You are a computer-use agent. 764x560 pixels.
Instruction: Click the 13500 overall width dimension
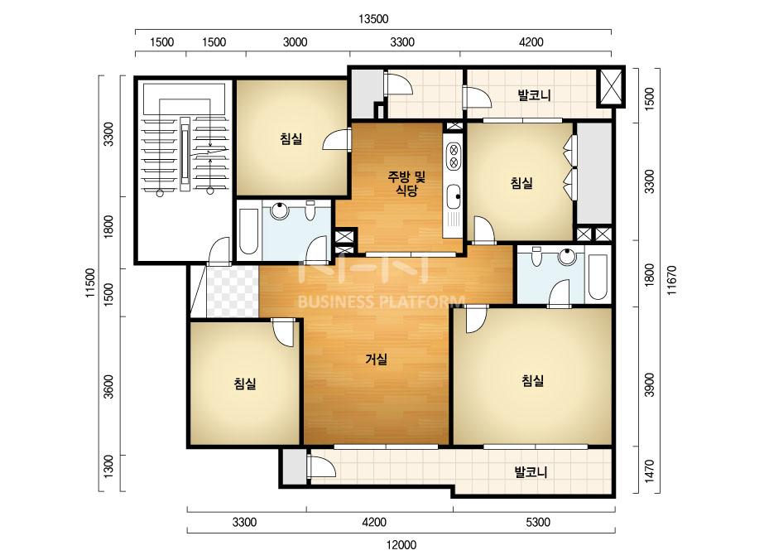373,19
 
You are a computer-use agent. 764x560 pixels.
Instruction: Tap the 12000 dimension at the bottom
401,545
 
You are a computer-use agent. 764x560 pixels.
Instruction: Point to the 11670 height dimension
672,281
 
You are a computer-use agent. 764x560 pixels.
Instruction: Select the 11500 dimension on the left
90,283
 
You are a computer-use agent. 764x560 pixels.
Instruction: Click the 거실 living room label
376,360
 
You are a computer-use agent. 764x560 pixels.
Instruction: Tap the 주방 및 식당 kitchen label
406,183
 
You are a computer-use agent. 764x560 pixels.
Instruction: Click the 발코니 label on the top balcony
534,94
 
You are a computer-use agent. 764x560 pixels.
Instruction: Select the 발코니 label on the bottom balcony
531,471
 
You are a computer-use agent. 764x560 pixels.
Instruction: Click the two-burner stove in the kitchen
453,156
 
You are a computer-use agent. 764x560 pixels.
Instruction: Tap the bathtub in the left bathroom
248,232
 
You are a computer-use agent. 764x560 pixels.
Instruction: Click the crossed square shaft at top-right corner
611,87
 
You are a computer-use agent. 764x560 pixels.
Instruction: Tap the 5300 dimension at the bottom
538,523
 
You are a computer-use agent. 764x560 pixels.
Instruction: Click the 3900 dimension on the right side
649,385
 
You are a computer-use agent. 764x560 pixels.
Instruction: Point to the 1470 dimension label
649,471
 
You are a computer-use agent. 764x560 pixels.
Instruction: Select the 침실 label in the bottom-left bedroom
245,384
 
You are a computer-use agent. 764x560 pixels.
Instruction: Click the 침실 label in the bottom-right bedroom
532,380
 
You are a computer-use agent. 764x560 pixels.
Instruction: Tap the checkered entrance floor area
233,292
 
